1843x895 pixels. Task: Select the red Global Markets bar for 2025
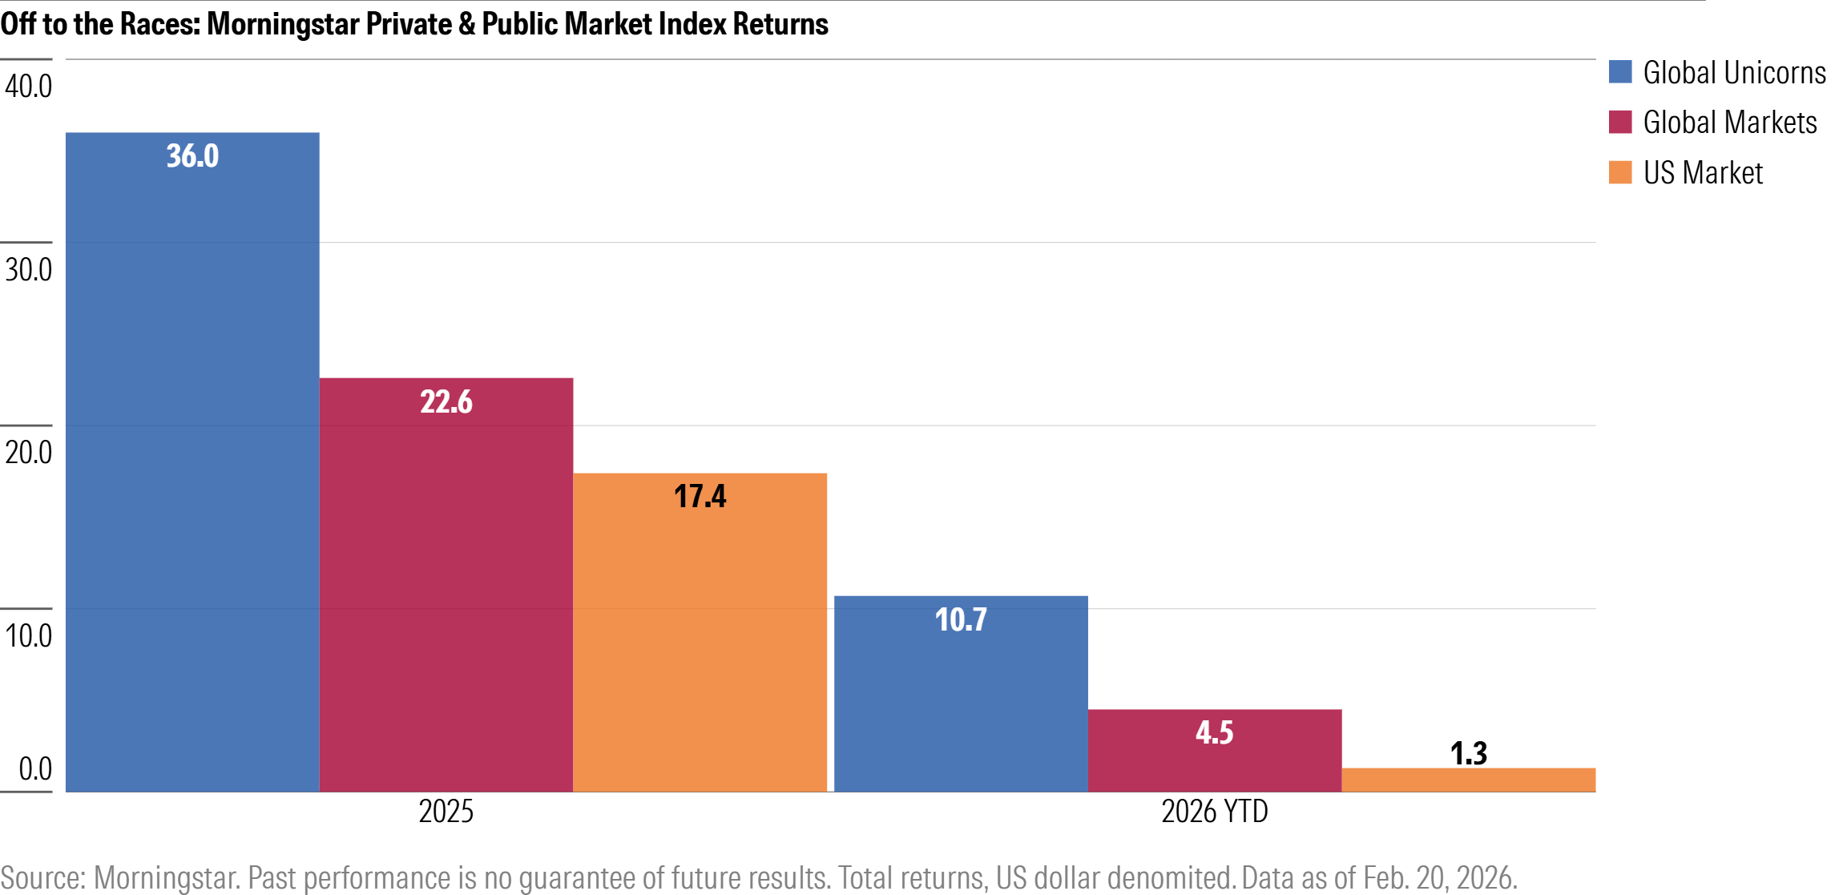(446, 585)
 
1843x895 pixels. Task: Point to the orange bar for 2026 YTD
(1468, 780)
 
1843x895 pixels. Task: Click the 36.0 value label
(192, 156)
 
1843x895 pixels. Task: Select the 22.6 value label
(446, 401)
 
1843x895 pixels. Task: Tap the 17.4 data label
(700, 496)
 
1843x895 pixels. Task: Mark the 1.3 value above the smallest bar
(1468, 753)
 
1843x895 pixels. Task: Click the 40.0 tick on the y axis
(28, 87)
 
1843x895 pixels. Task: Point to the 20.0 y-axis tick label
(28, 453)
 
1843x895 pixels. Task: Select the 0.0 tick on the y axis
(35, 769)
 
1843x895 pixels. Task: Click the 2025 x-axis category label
(446, 812)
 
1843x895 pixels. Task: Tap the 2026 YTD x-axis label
(1214, 812)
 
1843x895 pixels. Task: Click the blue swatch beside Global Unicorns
(1620, 72)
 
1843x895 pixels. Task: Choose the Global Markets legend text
(1729, 123)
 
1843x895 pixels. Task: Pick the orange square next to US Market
(1620, 172)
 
